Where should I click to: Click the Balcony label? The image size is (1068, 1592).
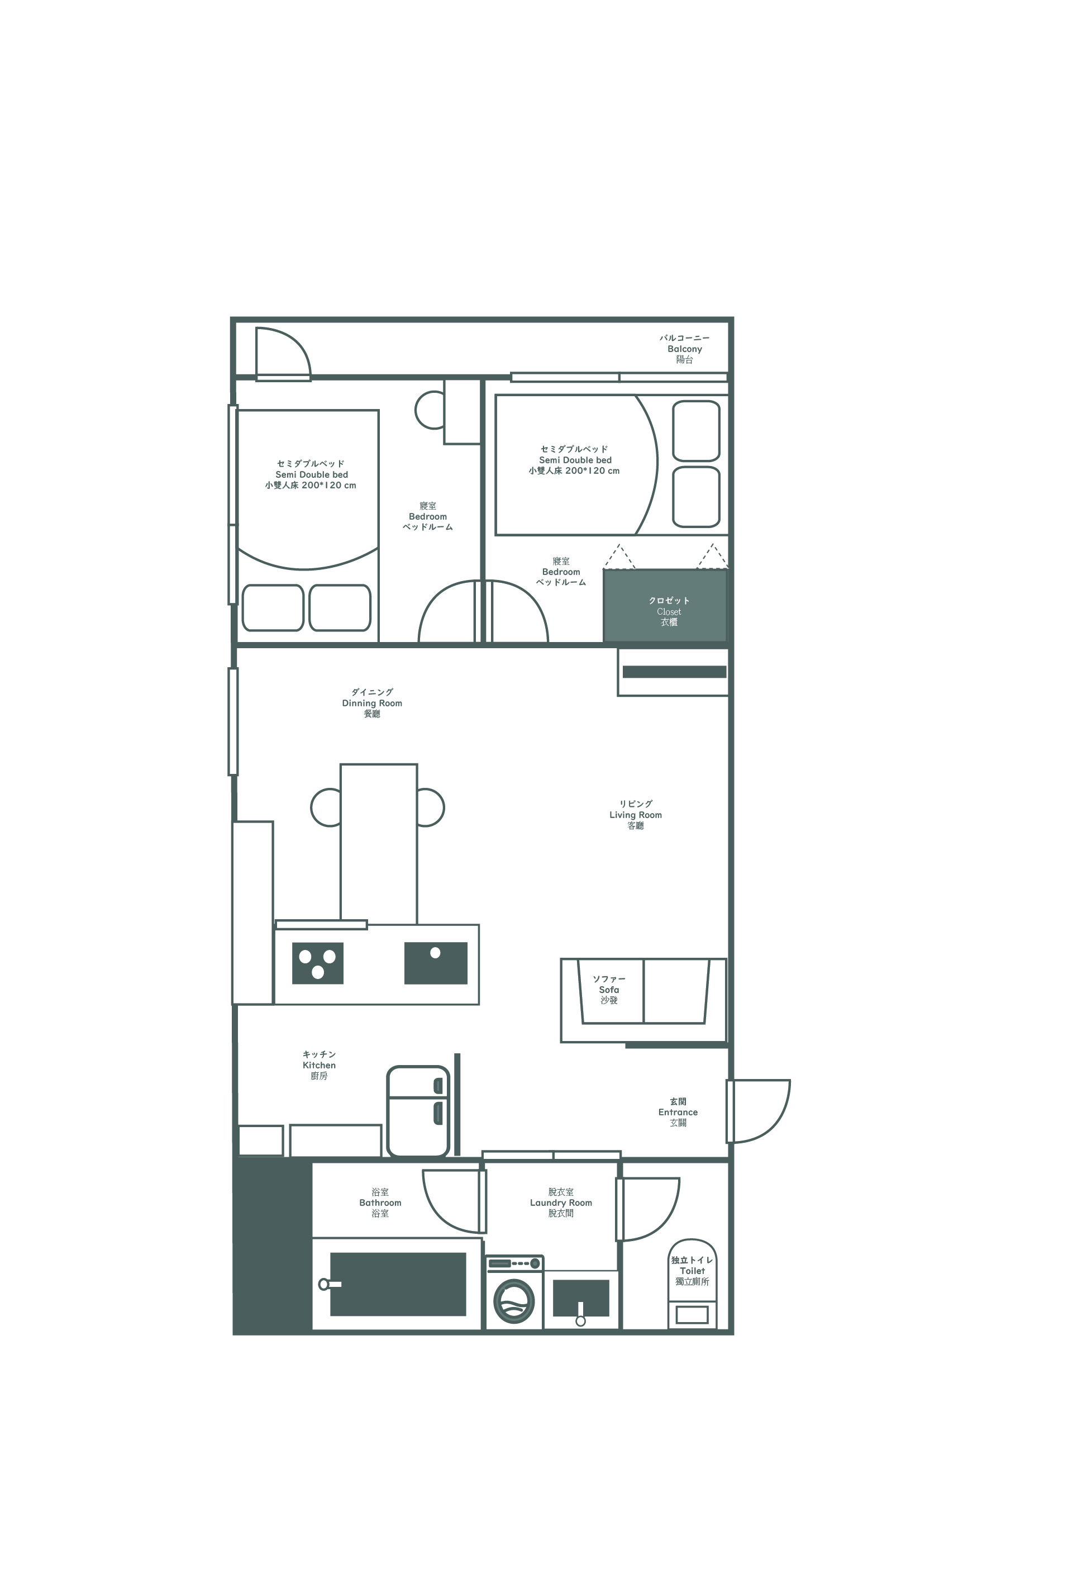pyautogui.click(x=684, y=349)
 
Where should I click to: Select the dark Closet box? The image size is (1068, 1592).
pyautogui.click(x=665, y=606)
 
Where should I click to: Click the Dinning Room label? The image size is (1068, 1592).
pyautogui.click(x=372, y=703)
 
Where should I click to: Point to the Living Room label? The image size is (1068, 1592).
pyautogui.click(x=636, y=815)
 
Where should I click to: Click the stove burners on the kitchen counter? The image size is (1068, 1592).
pyautogui.click(x=317, y=963)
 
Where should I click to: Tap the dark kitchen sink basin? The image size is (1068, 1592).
pyautogui.click(x=436, y=963)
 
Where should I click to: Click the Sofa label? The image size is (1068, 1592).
pyautogui.click(x=609, y=990)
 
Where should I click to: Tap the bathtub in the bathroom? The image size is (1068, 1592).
pyautogui.click(x=398, y=1284)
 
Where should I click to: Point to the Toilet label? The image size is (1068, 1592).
pyautogui.click(x=692, y=1271)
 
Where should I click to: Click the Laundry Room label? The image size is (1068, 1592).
pyautogui.click(x=561, y=1203)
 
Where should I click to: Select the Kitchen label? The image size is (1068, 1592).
pyautogui.click(x=319, y=1066)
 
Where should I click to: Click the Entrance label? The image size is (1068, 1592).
pyautogui.click(x=678, y=1113)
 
